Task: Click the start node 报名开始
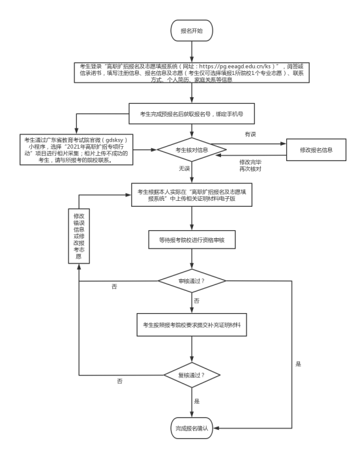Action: (x=192, y=31)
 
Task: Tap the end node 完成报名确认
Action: (x=192, y=428)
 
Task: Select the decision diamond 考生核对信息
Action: (x=192, y=149)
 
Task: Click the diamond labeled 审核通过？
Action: (x=192, y=280)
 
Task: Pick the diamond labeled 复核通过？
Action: (x=192, y=375)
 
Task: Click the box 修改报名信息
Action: (x=316, y=149)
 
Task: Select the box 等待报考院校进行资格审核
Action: (x=192, y=239)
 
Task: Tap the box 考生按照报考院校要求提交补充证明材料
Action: (x=192, y=325)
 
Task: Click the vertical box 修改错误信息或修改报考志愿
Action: (x=79, y=236)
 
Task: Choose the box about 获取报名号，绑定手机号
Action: (x=192, y=113)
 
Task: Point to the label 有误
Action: (x=250, y=134)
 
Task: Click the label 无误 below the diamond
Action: (x=184, y=168)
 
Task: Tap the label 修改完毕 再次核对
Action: (x=250, y=166)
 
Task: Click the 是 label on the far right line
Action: (x=298, y=364)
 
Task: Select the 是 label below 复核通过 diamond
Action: (x=197, y=401)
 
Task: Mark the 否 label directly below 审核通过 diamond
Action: (x=196, y=301)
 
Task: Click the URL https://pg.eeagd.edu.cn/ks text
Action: (x=235, y=67)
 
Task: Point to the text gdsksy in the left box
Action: (x=114, y=140)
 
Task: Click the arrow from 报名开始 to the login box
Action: (x=192, y=52)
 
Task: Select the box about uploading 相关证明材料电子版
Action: (x=192, y=195)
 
